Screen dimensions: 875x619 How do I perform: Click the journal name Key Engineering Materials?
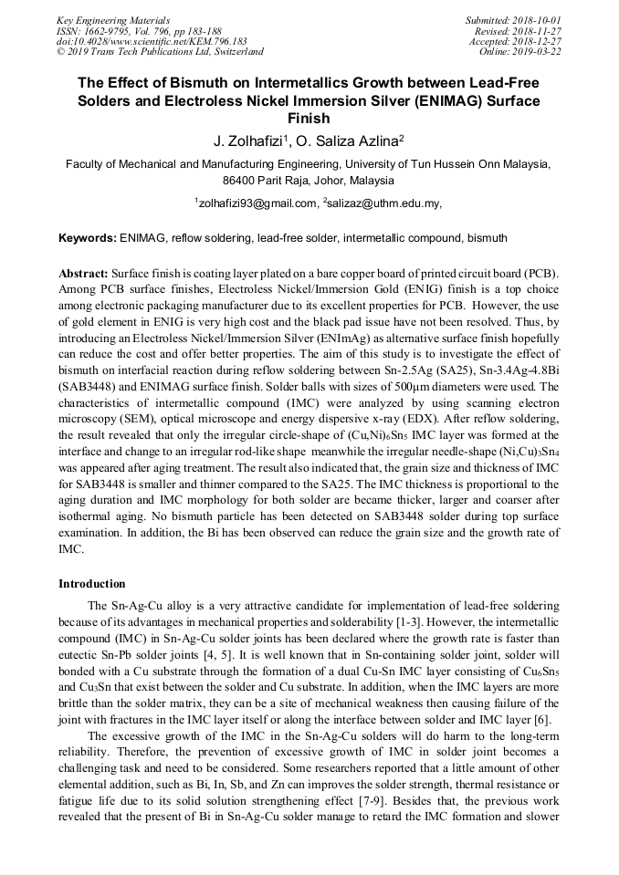[x=113, y=19]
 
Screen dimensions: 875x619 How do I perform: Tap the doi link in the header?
[x=151, y=41]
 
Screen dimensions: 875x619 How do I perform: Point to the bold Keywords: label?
[x=88, y=238]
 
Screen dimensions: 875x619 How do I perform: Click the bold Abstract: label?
[x=84, y=273]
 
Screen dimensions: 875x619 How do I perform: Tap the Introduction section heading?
[x=92, y=584]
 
